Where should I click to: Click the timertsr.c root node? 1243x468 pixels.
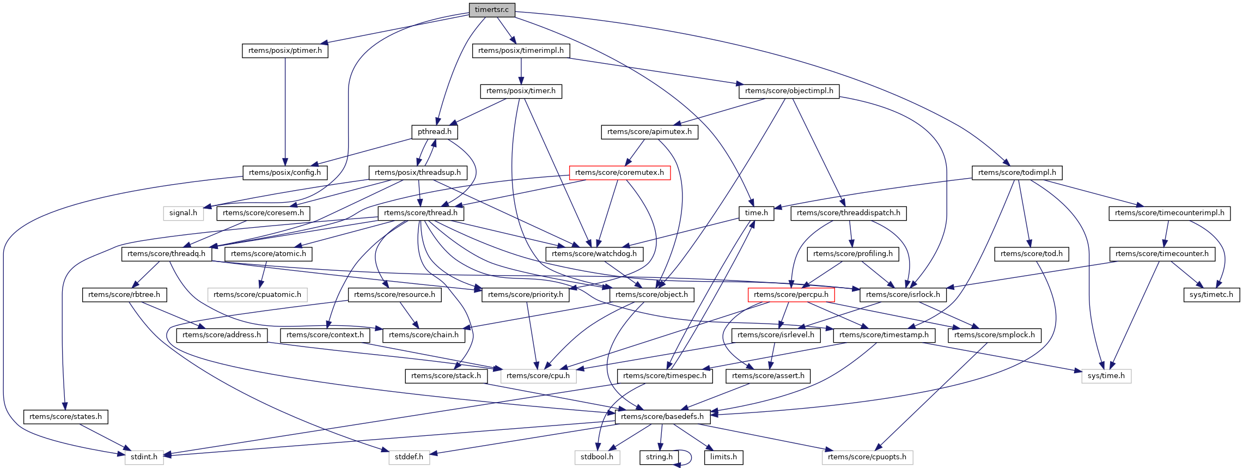(x=491, y=10)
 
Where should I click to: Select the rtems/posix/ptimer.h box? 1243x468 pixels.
(x=285, y=51)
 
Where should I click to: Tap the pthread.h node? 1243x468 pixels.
(x=434, y=132)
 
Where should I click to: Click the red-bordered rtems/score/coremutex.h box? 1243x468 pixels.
(x=619, y=173)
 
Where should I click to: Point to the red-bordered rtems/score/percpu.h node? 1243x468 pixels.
(x=791, y=295)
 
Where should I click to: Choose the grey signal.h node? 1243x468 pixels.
(x=183, y=213)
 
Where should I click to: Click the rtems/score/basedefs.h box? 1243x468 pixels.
(x=662, y=417)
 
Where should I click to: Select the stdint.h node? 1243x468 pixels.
(x=144, y=457)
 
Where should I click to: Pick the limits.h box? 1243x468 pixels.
(x=723, y=457)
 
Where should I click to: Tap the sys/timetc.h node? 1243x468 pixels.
(x=1211, y=295)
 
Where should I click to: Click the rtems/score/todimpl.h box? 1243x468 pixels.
(x=1017, y=173)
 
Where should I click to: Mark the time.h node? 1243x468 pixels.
(x=756, y=213)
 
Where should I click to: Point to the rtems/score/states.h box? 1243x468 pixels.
(x=66, y=417)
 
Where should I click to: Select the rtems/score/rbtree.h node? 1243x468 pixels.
(x=124, y=295)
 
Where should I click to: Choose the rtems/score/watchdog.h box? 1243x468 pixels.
(x=594, y=254)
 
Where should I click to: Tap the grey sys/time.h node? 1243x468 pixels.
(x=1106, y=376)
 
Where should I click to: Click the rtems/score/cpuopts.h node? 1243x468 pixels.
(x=867, y=457)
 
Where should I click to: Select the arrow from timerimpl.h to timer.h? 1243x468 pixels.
(x=521, y=71)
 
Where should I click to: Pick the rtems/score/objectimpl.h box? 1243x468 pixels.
(x=789, y=91)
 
